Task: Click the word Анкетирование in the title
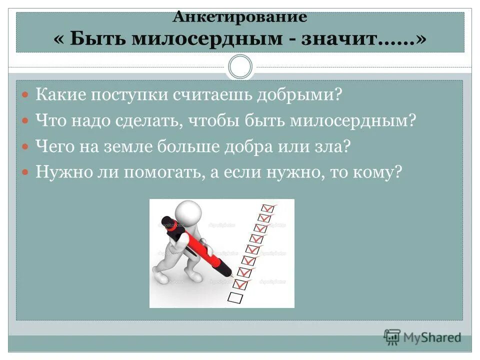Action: click(239, 17)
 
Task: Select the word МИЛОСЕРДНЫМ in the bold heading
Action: click(210, 38)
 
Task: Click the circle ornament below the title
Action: click(240, 66)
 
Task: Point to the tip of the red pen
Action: click(231, 275)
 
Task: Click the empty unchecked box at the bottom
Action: click(235, 297)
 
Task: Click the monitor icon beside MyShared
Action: click(392, 336)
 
